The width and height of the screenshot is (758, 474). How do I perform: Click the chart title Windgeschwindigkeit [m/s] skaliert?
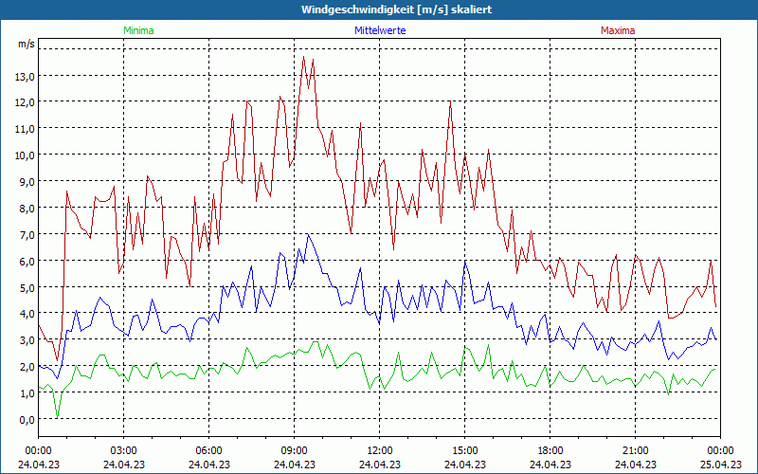pos(397,9)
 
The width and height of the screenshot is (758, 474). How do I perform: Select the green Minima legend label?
pos(137,30)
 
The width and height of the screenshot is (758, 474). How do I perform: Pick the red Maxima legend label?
pos(618,30)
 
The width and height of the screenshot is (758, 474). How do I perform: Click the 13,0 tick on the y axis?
pos(25,76)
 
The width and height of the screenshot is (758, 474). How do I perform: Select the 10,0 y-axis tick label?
pos(25,155)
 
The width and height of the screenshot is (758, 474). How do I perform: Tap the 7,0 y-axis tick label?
pos(25,234)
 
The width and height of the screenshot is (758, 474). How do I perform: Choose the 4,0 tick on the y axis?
pos(25,314)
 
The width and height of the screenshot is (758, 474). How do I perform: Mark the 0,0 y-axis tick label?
pos(25,420)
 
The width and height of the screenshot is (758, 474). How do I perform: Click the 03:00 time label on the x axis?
pos(123,450)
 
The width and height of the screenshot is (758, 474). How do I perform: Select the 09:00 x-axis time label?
pos(294,450)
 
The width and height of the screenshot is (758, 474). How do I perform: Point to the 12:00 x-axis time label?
pos(379,450)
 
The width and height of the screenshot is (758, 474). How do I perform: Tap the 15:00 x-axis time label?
pos(464,450)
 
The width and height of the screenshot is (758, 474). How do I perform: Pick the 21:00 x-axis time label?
pos(635,450)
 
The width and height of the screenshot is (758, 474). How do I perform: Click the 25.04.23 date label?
pos(720,465)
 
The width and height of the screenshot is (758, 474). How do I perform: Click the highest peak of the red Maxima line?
pos(304,57)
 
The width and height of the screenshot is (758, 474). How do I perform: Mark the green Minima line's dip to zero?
pos(57,417)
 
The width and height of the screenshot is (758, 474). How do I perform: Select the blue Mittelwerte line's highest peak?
pos(308,235)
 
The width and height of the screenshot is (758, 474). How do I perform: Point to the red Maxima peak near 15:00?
pos(451,102)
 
